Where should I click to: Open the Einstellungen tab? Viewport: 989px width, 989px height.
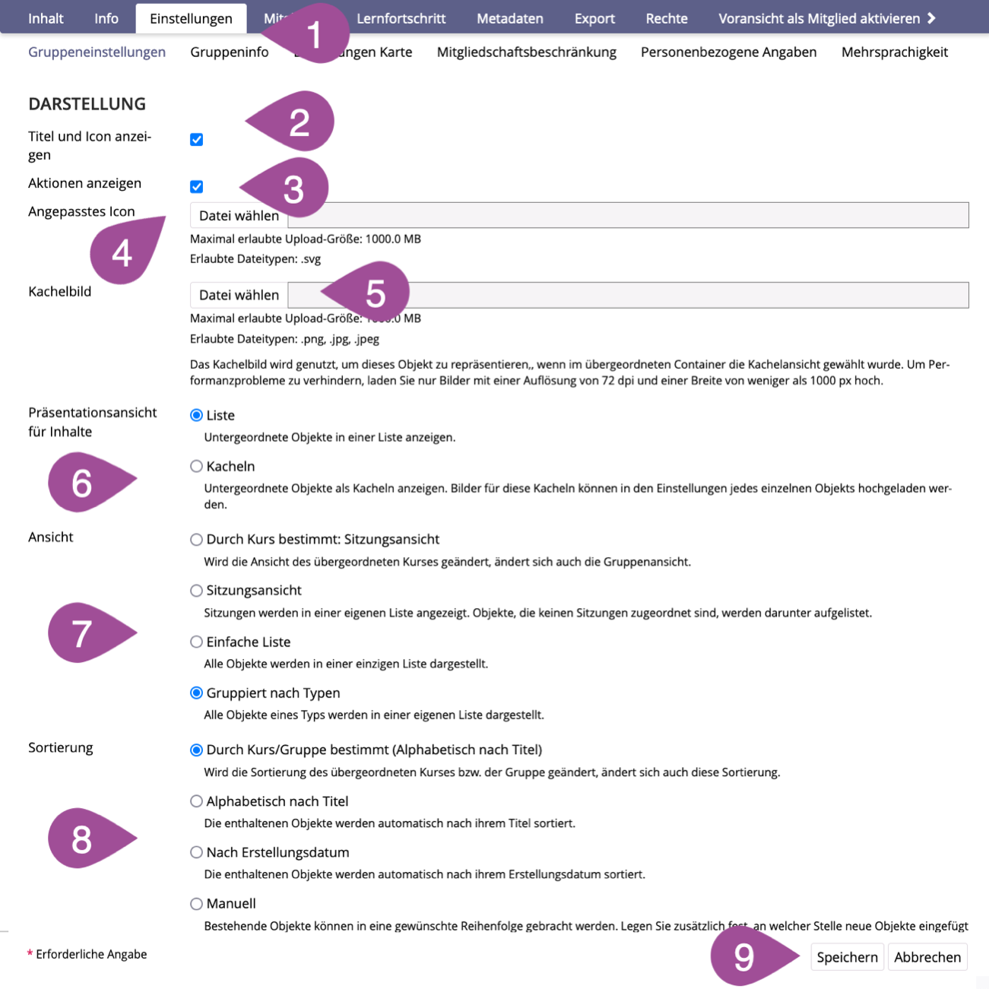[191, 18]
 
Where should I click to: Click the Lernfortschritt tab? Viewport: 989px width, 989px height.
[401, 18]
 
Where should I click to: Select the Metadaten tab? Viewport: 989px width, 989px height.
[509, 18]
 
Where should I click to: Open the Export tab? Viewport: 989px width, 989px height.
[594, 18]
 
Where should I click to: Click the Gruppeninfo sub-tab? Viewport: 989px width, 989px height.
[229, 52]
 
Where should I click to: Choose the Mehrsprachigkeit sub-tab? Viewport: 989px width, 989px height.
[894, 52]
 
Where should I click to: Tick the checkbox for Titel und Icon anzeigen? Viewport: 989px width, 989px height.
[197, 139]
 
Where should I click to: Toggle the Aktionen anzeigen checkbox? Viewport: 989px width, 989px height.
[197, 186]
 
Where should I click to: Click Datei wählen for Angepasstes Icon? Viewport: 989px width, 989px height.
[239, 216]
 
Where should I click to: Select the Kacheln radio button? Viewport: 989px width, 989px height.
[197, 466]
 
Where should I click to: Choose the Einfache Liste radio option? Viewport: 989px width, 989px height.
[197, 642]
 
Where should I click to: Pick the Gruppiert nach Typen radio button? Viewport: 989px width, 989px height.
[197, 693]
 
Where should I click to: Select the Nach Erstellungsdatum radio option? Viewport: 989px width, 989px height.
[197, 852]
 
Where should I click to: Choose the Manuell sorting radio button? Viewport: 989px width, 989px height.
[197, 903]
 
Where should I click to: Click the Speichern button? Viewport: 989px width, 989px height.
[847, 957]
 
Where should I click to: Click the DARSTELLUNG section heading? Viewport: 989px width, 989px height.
[87, 103]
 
